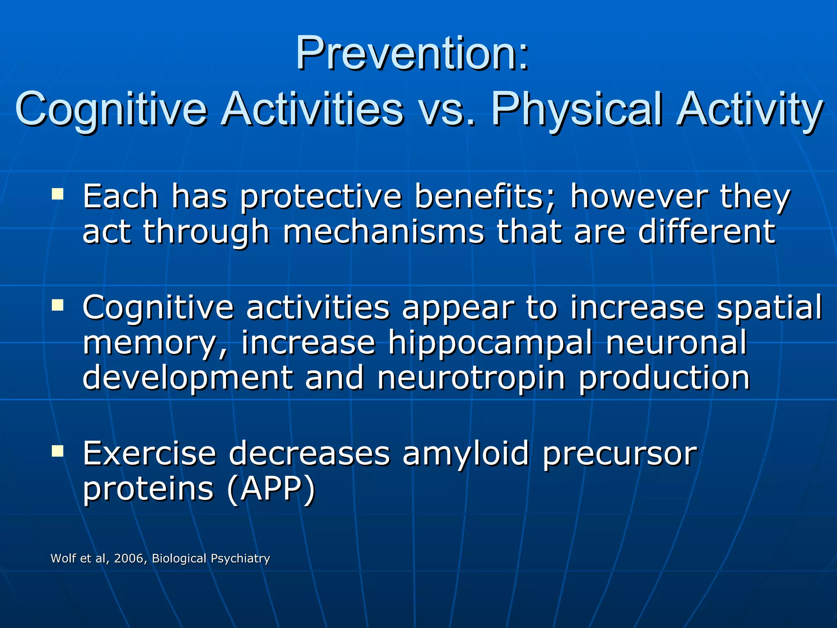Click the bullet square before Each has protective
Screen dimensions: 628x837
58,193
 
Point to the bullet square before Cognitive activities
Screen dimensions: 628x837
58,304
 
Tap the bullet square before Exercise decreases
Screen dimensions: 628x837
58,451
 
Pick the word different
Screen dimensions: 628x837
707,232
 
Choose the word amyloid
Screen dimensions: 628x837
466,454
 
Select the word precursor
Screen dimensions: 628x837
620,454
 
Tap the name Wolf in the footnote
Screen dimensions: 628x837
63,558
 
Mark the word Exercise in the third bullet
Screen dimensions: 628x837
149,454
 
